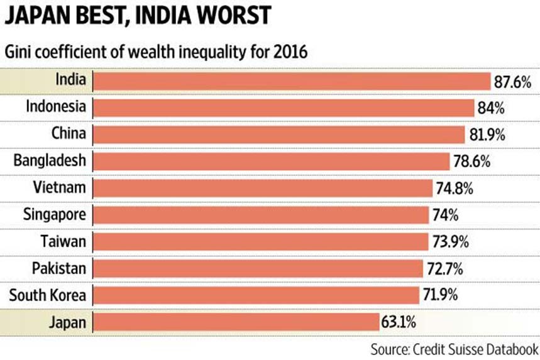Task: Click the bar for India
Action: click(292, 81)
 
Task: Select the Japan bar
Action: click(236, 323)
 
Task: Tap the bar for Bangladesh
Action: click(272, 161)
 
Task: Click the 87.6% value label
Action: click(513, 82)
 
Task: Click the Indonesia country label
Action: click(55, 106)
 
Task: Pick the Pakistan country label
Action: click(58, 269)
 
